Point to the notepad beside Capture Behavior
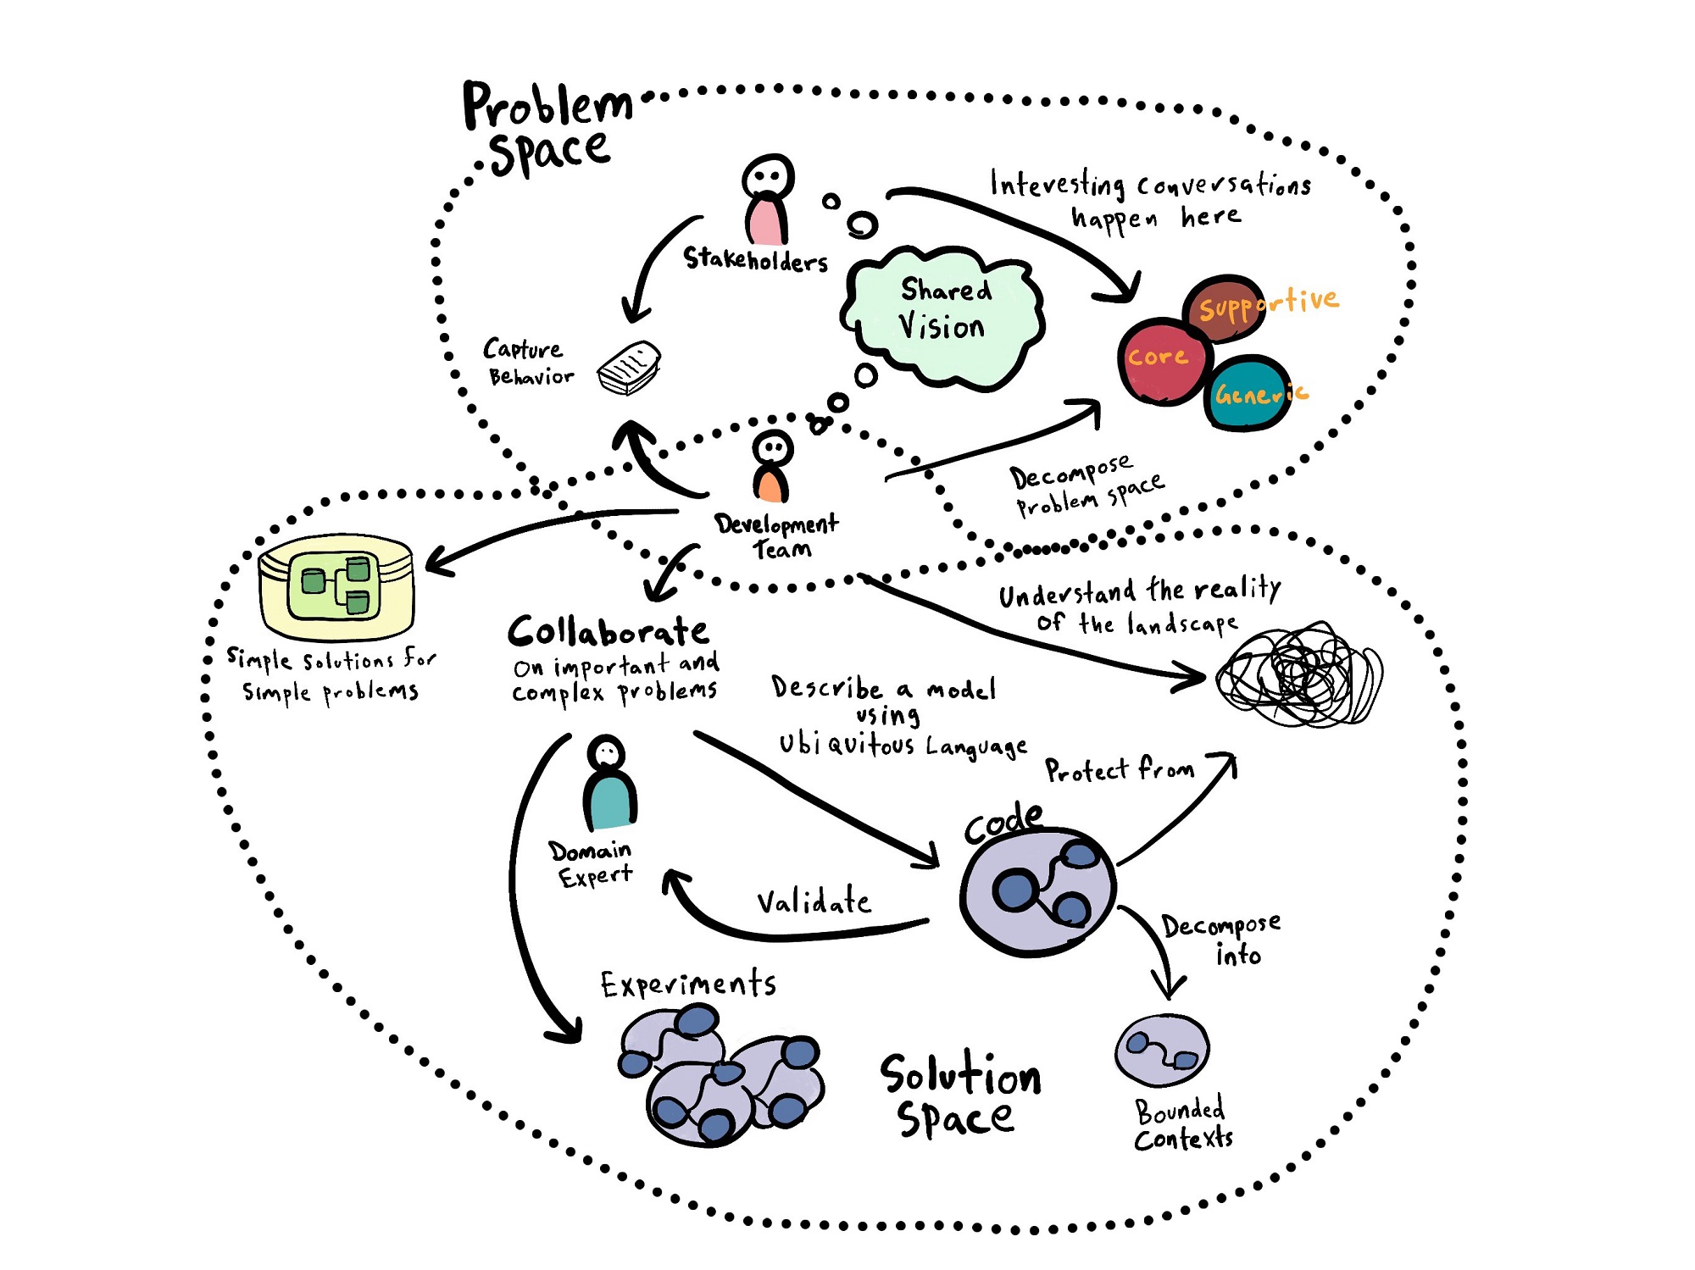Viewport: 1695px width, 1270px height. [x=629, y=368]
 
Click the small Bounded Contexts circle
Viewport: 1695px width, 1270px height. [x=1162, y=1051]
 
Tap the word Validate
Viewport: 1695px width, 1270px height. [x=813, y=901]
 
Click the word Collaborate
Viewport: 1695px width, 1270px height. [x=609, y=631]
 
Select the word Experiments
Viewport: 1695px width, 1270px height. [x=688, y=984]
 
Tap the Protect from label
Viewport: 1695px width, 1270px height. [x=1119, y=770]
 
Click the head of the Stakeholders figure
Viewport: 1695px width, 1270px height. [x=768, y=177]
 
